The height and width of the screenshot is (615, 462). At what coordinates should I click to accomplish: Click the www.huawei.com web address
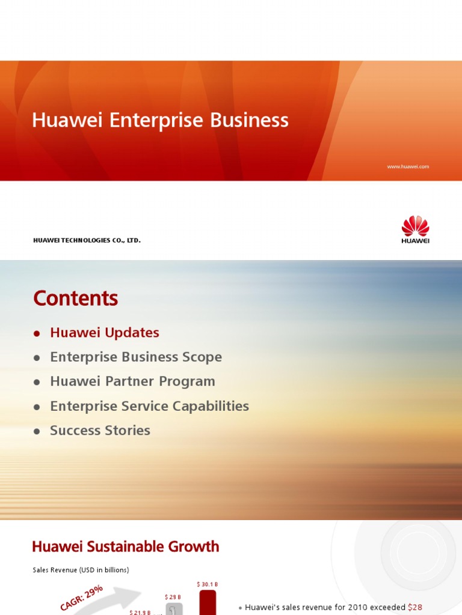click(408, 166)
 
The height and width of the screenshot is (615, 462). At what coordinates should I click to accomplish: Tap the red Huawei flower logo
click(415, 226)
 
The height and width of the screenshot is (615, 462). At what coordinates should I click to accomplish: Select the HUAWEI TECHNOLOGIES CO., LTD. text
click(87, 240)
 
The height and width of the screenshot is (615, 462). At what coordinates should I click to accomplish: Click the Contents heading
click(76, 298)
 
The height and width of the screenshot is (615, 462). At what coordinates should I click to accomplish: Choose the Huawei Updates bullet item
click(105, 333)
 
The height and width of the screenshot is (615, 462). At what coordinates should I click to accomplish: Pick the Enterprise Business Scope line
click(136, 357)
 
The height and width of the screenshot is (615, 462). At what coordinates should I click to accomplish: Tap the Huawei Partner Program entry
click(132, 381)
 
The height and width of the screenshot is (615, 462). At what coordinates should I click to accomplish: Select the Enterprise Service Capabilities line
click(149, 406)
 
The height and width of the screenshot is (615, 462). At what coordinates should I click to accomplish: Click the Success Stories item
click(100, 431)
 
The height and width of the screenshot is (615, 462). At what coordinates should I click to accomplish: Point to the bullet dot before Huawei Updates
click(37, 333)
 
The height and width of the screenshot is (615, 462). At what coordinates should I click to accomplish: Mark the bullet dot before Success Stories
click(37, 431)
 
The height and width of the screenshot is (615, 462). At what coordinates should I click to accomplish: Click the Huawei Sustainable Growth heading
click(126, 547)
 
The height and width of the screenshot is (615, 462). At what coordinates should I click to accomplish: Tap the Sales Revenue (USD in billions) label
click(81, 570)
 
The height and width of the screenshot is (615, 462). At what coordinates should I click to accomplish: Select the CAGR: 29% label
click(82, 598)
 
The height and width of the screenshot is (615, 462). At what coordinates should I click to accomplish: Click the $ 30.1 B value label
click(207, 584)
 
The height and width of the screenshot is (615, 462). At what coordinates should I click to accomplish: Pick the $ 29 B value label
click(173, 597)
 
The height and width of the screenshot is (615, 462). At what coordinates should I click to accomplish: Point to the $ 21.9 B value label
click(140, 612)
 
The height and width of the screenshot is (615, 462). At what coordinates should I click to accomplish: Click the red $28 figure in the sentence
click(415, 607)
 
